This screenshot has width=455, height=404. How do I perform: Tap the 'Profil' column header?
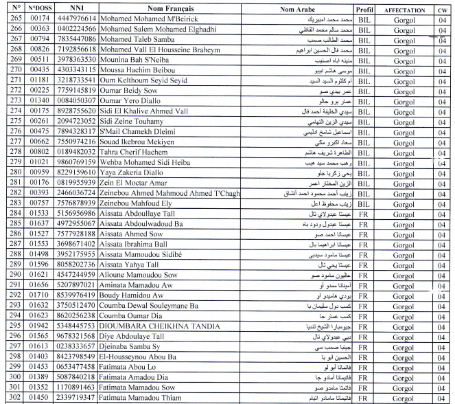(x=365, y=10)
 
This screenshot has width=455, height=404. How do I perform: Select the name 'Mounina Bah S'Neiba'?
(x=137, y=60)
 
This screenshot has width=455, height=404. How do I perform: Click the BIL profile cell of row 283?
(x=365, y=202)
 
